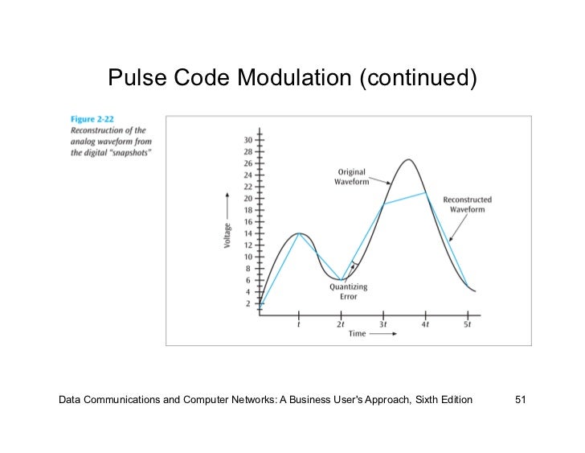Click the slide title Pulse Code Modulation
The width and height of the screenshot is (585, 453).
[292, 78]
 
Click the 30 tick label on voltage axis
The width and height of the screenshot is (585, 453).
[247, 140]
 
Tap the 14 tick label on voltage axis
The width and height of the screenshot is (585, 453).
[247, 233]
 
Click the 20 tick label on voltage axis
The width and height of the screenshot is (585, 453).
[247, 198]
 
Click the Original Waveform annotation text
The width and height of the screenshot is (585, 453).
[351, 177]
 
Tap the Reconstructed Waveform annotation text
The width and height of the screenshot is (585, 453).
[468, 204]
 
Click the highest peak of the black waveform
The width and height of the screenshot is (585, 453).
[409, 159]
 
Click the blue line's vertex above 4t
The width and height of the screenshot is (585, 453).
[426, 193]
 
